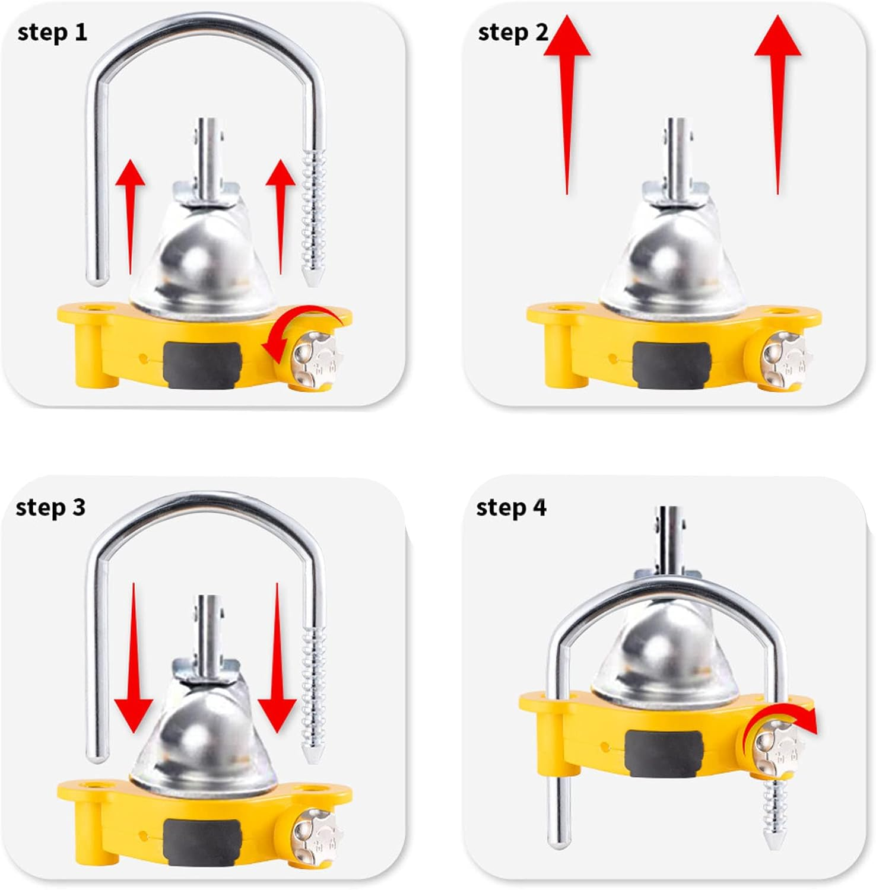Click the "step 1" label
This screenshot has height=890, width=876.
tap(52, 33)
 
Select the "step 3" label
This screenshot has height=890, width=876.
tap(50, 508)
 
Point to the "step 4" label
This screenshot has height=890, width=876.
tap(511, 508)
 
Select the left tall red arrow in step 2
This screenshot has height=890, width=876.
tap(567, 101)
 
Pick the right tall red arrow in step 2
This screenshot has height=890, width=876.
tap(777, 101)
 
